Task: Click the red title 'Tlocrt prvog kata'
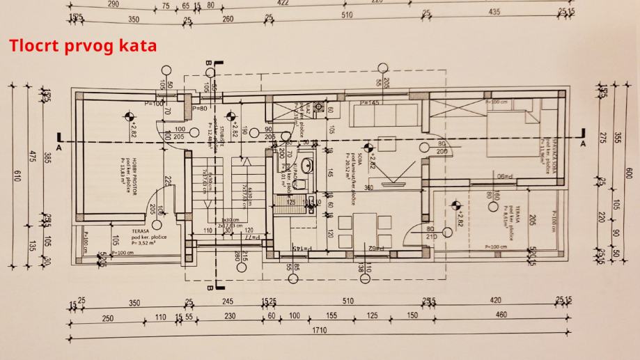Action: (83, 46)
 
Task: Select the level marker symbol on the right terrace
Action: (456, 205)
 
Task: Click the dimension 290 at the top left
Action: (114, 3)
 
